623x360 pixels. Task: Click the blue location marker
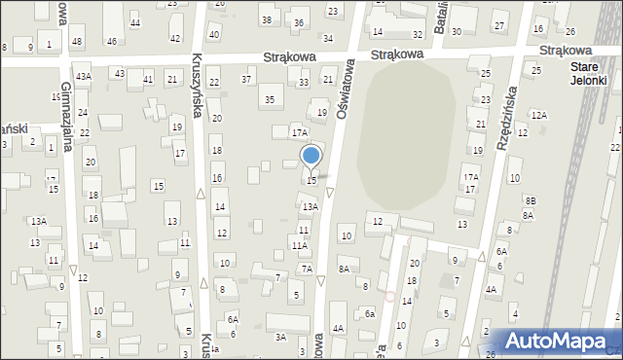311,156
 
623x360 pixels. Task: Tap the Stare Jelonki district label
588,74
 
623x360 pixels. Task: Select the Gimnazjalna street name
67,131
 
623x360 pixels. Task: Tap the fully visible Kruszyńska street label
197,86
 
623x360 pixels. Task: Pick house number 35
270,99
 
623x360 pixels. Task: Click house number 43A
85,76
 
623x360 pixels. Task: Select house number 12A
539,115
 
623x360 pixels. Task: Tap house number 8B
531,199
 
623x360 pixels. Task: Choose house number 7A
306,269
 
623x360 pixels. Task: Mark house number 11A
300,246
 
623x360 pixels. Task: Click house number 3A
280,337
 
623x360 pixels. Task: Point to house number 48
77,41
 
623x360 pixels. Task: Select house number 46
112,41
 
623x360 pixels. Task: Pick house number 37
246,79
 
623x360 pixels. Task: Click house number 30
456,32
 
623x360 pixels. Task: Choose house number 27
499,24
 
